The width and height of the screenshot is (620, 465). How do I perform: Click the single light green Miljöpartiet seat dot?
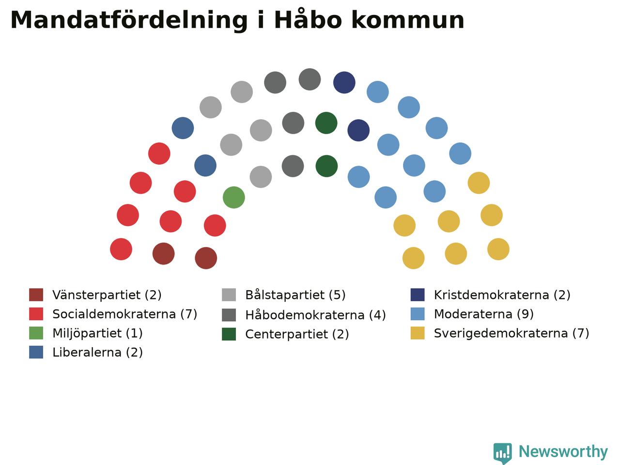(x=233, y=197)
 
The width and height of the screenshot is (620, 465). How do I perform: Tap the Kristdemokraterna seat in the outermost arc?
(x=344, y=82)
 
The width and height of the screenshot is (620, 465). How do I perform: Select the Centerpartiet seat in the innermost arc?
(x=326, y=166)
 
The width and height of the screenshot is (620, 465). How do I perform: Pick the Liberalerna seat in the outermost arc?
(x=183, y=128)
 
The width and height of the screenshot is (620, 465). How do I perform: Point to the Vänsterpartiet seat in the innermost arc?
(x=206, y=258)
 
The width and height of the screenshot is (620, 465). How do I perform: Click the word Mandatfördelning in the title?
(x=129, y=20)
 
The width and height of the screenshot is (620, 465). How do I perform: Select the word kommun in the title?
(x=408, y=20)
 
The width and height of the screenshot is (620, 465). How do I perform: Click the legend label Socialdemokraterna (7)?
(x=125, y=314)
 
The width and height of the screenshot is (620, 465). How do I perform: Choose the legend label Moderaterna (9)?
(x=483, y=314)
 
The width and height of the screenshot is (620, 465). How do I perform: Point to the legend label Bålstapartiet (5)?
(x=295, y=295)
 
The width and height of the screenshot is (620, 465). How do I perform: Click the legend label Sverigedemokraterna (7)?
(x=511, y=333)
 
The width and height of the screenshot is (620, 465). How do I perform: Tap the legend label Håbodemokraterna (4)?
(x=315, y=315)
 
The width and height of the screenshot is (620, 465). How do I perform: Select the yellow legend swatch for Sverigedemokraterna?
(x=418, y=333)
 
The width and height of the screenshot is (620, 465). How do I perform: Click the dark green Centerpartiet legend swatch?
(x=229, y=334)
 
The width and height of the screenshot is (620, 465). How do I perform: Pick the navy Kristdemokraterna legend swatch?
(x=418, y=295)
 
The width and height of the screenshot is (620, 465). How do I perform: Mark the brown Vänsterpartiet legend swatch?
(x=36, y=295)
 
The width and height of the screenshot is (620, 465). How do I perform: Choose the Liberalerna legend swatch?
(x=36, y=352)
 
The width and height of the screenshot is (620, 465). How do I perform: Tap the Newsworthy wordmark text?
(x=563, y=452)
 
